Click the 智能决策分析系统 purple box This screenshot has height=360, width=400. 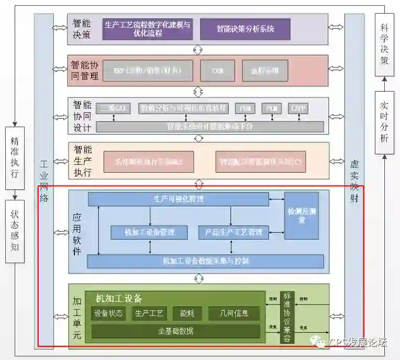(245, 29)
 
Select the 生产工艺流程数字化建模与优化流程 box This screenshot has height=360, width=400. (148, 29)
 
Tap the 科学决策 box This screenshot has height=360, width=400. (384, 44)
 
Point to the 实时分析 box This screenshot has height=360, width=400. (384, 121)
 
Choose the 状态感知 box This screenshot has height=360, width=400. (15, 230)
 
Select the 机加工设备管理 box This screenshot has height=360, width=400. (149, 232)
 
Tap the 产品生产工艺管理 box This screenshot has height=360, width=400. (234, 232)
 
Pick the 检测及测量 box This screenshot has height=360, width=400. (301, 216)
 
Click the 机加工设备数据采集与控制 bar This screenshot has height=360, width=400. (205, 261)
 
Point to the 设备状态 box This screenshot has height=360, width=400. (108, 313)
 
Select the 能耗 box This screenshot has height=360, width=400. (187, 313)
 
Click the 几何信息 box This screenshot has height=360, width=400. (234, 313)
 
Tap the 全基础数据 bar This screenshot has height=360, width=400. (175, 331)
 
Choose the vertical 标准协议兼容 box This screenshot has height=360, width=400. (287, 317)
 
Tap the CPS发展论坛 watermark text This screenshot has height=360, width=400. (358, 343)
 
